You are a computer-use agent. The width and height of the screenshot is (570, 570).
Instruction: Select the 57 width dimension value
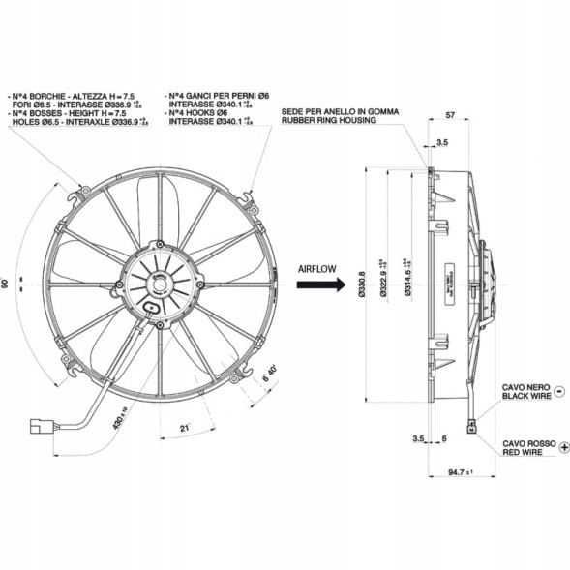coord(449,116)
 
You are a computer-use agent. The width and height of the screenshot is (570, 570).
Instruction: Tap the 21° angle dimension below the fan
coord(185,427)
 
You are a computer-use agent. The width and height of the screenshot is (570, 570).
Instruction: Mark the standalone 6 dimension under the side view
coord(443,439)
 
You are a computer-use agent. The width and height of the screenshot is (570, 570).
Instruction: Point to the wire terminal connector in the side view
coord(473,423)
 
